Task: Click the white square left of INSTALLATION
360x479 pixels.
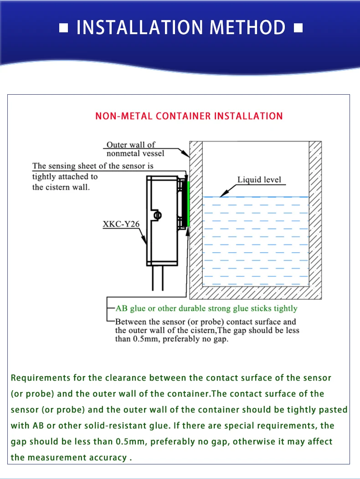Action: pyautogui.click(x=64, y=29)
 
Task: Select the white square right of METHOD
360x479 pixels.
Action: pyautogui.click(x=298, y=29)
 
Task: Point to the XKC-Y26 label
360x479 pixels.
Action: pyautogui.click(x=121, y=224)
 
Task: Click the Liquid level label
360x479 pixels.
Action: pyautogui.click(x=259, y=179)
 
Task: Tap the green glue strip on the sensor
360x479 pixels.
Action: pyautogui.click(x=188, y=204)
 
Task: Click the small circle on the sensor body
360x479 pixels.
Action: pyautogui.click(x=157, y=215)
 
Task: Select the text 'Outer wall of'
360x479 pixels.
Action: pyautogui.click(x=131, y=145)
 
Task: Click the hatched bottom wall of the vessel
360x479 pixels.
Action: pyautogui.click(x=255, y=293)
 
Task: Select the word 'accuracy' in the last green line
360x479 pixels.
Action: pyautogui.click(x=104, y=458)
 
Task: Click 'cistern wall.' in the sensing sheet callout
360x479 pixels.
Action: pyautogui.click(x=61, y=187)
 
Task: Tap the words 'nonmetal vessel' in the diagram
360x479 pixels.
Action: pyautogui.click(x=135, y=153)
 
